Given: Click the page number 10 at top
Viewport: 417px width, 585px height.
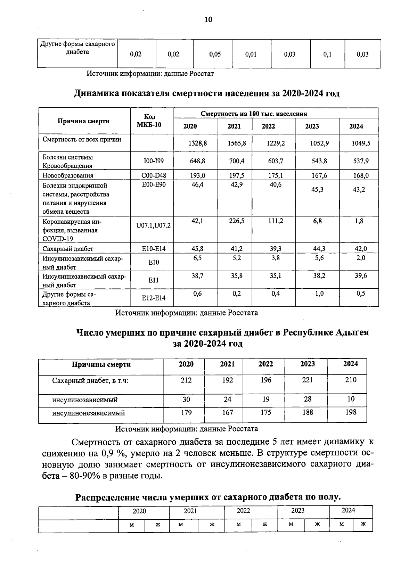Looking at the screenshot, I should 208,19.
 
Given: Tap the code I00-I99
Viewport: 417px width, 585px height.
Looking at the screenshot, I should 153,161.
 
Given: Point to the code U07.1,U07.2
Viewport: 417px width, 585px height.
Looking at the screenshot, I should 153,226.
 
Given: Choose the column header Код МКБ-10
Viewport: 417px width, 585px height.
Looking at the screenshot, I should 152,121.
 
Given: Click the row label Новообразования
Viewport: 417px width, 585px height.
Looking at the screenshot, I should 68,175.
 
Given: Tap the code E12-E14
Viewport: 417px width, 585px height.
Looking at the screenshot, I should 153,298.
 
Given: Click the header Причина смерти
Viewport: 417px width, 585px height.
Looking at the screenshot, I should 83,121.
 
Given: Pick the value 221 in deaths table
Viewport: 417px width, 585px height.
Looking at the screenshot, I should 308,380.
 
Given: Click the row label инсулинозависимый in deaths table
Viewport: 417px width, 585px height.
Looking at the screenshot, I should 85,400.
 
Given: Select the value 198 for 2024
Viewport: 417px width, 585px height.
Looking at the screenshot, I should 351,412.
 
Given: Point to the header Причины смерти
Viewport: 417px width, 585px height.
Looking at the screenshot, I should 101,364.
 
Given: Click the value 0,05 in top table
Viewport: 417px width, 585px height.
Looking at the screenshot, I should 215,54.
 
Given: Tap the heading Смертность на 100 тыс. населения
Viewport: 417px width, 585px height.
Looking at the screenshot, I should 254,114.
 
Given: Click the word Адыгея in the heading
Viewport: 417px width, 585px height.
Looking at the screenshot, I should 352,332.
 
